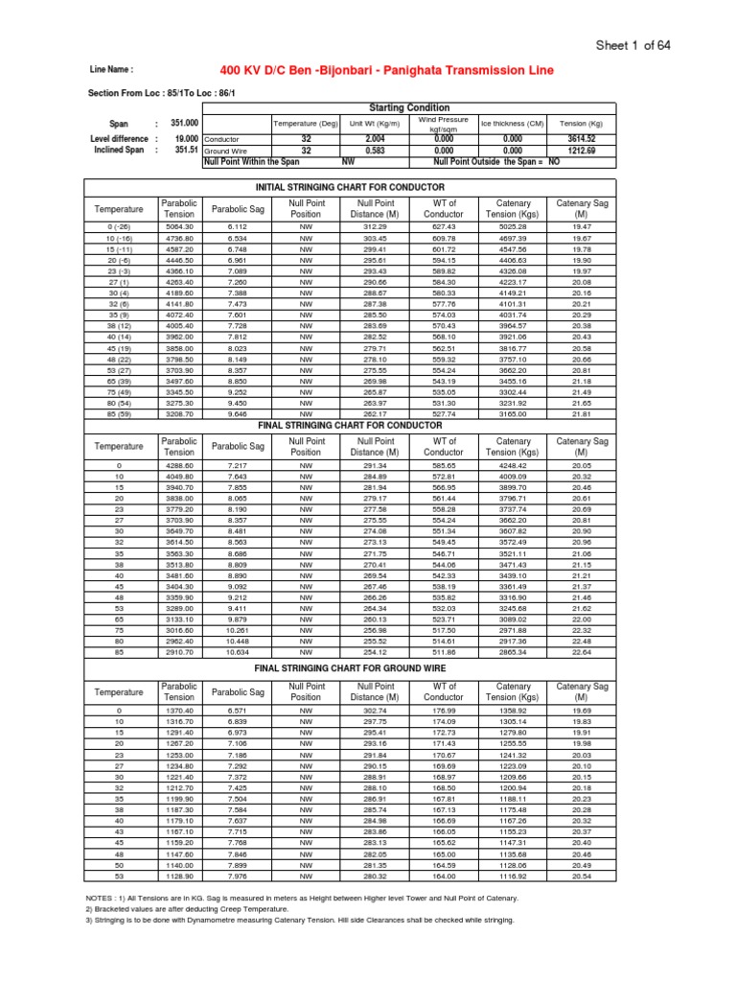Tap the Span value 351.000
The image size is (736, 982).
[185, 124]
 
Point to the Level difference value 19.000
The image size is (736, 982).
[185, 138]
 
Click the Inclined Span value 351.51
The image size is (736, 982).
[186, 150]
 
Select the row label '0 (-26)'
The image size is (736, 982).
[118, 226]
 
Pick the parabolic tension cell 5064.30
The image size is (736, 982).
[179, 226]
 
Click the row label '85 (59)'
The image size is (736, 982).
[118, 413]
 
